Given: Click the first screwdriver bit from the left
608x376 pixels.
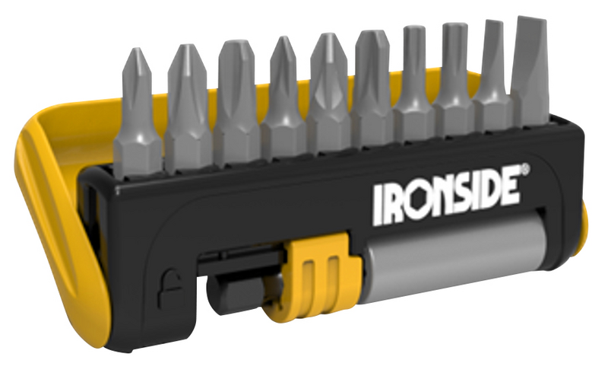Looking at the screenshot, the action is [137, 116].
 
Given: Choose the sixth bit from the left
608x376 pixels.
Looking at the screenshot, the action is [373, 89].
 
